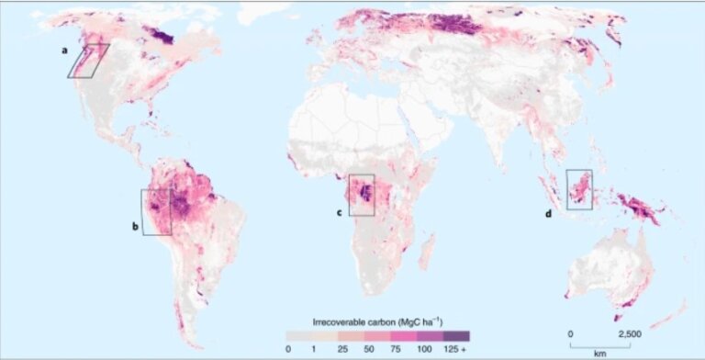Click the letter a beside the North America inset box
[x=64, y=51]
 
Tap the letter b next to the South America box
[x=135, y=225]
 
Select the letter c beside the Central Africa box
[x=340, y=212]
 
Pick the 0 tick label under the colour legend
[x=287, y=349]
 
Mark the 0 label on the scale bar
[x=570, y=333]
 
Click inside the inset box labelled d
[x=579, y=189]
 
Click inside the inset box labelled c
[x=362, y=195]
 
